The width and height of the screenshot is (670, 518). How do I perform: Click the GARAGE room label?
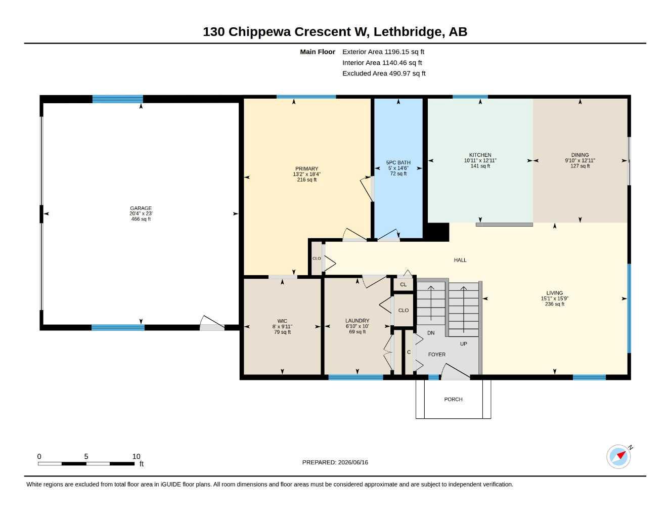[141, 208]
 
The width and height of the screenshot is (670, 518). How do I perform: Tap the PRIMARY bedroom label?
[306, 168]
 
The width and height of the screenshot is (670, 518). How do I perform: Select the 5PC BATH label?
[398, 162]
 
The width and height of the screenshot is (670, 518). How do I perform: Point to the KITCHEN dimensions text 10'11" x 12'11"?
[480, 160]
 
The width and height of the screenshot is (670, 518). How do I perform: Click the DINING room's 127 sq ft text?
[580, 166]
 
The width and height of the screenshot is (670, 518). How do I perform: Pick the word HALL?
[460, 260]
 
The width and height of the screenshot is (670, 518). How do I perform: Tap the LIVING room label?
[554, 293]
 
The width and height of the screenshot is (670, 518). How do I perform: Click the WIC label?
[282, 321]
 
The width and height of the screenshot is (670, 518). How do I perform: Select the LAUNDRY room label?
[357, 321]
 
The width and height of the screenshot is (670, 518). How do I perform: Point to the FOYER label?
[436, 355]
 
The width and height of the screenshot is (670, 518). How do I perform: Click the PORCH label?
[453, 399]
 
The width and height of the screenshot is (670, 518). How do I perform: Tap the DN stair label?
[431, 333]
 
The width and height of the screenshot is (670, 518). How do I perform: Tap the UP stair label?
[463, 344]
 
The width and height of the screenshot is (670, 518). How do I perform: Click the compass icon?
[618, 457]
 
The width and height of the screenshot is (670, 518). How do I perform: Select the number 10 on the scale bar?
[137, 456]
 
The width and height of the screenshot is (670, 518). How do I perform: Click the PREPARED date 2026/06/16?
[353, 462]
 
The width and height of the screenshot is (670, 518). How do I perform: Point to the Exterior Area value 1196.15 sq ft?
[404, 52]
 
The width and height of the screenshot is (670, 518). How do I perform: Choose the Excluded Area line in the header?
[384, 73]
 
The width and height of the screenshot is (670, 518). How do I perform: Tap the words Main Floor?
[318, 52]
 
